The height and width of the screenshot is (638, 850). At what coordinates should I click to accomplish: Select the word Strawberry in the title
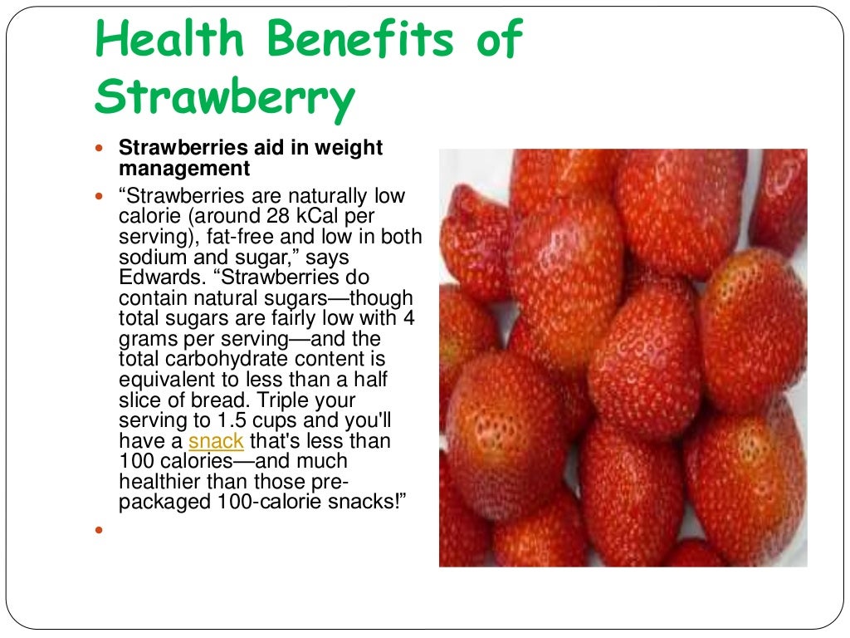(x=224, y=98)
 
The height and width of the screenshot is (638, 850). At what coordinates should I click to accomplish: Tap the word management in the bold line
(x=184, y=169)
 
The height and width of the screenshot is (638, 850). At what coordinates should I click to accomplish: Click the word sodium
(x=150, y=258)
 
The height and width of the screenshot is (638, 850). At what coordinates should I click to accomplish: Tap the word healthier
(x=161, y=482)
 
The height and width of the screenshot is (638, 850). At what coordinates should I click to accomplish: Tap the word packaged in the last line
(x=163, y=503)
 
